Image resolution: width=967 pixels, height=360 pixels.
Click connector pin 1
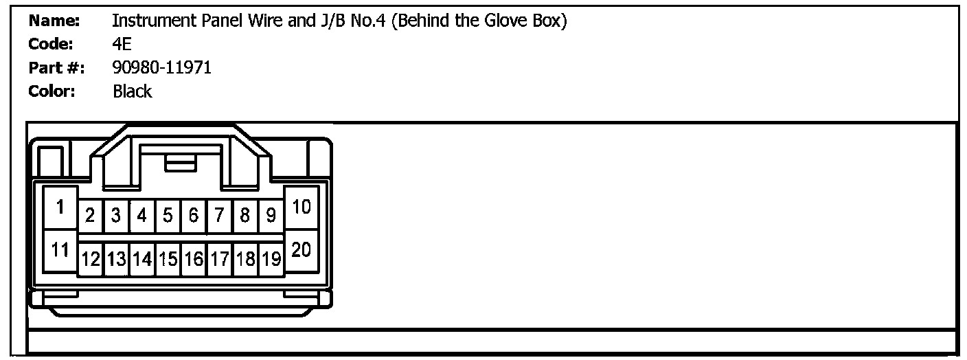tap(61, 207)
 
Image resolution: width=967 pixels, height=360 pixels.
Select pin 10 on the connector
tap(302, 207)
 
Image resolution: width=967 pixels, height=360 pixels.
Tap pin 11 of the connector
tap(61, 250)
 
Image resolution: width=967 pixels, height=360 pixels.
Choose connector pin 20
tap(302, 250)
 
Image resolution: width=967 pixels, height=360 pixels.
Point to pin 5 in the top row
tap(168, 216)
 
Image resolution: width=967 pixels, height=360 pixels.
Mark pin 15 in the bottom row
tap(168, 259)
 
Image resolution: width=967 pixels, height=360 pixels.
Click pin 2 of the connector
tap(90, 216)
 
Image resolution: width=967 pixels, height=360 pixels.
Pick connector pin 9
tap(271, 216)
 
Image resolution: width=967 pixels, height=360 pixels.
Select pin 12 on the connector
tap(90, 259)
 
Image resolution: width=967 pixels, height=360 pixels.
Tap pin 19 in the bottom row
tap(271, 259)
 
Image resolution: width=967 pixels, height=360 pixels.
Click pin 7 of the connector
tap(219, 216)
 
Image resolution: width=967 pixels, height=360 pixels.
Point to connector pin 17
tap(219, 259)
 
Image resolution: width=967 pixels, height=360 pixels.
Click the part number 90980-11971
tap(161, 67)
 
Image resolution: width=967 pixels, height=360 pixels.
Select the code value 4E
tap(122, 45)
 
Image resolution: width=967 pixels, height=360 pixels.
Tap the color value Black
tap(132, 91)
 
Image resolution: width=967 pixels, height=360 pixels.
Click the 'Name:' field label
tap(54, 21)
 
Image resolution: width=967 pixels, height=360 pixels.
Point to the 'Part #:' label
tap(56, 67)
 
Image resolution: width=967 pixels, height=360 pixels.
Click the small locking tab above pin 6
tap(181, 163)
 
